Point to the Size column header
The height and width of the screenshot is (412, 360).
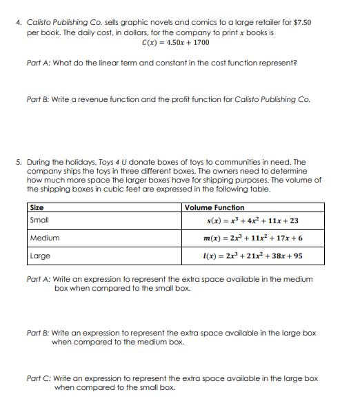37,207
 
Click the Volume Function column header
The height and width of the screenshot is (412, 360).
214,207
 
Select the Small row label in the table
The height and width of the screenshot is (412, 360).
40,220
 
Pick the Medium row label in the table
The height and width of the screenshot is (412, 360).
45,238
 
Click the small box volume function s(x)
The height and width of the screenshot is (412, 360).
253,220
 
